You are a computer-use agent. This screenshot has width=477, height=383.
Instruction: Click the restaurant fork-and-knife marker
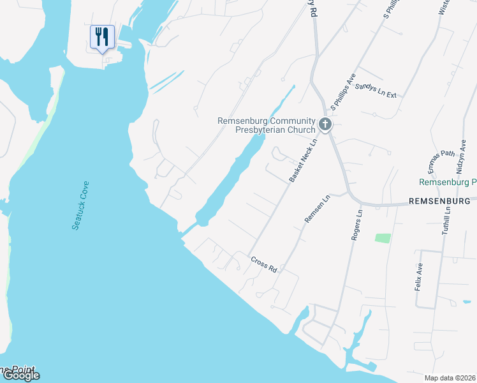(102, 37)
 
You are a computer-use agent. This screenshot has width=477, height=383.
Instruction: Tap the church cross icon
(325, 124)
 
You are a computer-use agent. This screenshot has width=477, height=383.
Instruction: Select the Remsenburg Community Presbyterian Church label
(267, 124)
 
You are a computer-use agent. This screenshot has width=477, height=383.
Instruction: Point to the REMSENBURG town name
(440, 200)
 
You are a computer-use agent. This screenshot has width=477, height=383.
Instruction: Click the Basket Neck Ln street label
(302, 161)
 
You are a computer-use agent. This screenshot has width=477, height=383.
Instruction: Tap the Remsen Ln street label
(317, 209)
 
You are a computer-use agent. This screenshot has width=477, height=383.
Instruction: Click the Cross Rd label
(263, 264)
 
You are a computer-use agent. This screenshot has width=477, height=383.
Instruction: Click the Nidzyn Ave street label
(461, 156)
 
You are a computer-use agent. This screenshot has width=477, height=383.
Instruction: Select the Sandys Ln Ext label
(376, 90)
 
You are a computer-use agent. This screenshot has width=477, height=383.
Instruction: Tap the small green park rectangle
(383, 238)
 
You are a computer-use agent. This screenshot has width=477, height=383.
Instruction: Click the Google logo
(20, 375)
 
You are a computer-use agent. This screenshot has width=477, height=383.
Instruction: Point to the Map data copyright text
(450, 378)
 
